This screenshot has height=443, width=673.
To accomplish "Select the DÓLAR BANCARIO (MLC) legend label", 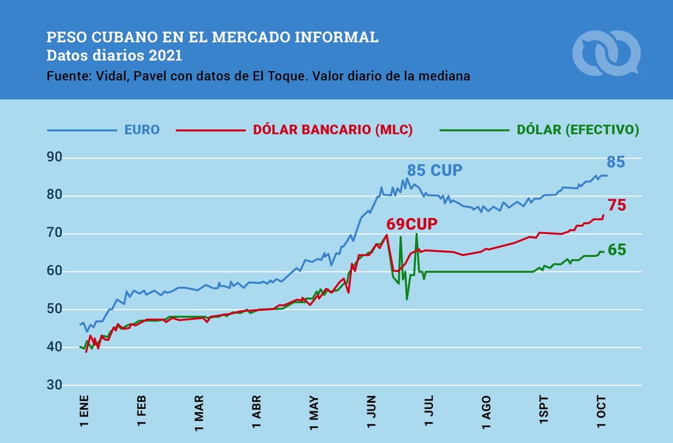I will [333, 130].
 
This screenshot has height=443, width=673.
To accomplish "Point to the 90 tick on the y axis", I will [54, 158].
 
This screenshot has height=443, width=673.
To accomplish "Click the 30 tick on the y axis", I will [54, 385].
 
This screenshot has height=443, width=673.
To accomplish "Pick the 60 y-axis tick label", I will [54, 271].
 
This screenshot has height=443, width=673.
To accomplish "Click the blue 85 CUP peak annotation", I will [435, 170].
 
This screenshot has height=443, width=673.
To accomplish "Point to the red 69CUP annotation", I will [412, 224].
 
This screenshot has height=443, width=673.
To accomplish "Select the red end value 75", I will [617, 205].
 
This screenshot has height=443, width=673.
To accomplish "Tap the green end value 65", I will [616, 250].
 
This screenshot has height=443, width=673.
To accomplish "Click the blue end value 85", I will [615, 163].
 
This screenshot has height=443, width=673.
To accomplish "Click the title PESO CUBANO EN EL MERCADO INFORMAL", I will [213, 38].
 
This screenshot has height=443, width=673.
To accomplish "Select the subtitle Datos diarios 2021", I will [114, 56].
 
